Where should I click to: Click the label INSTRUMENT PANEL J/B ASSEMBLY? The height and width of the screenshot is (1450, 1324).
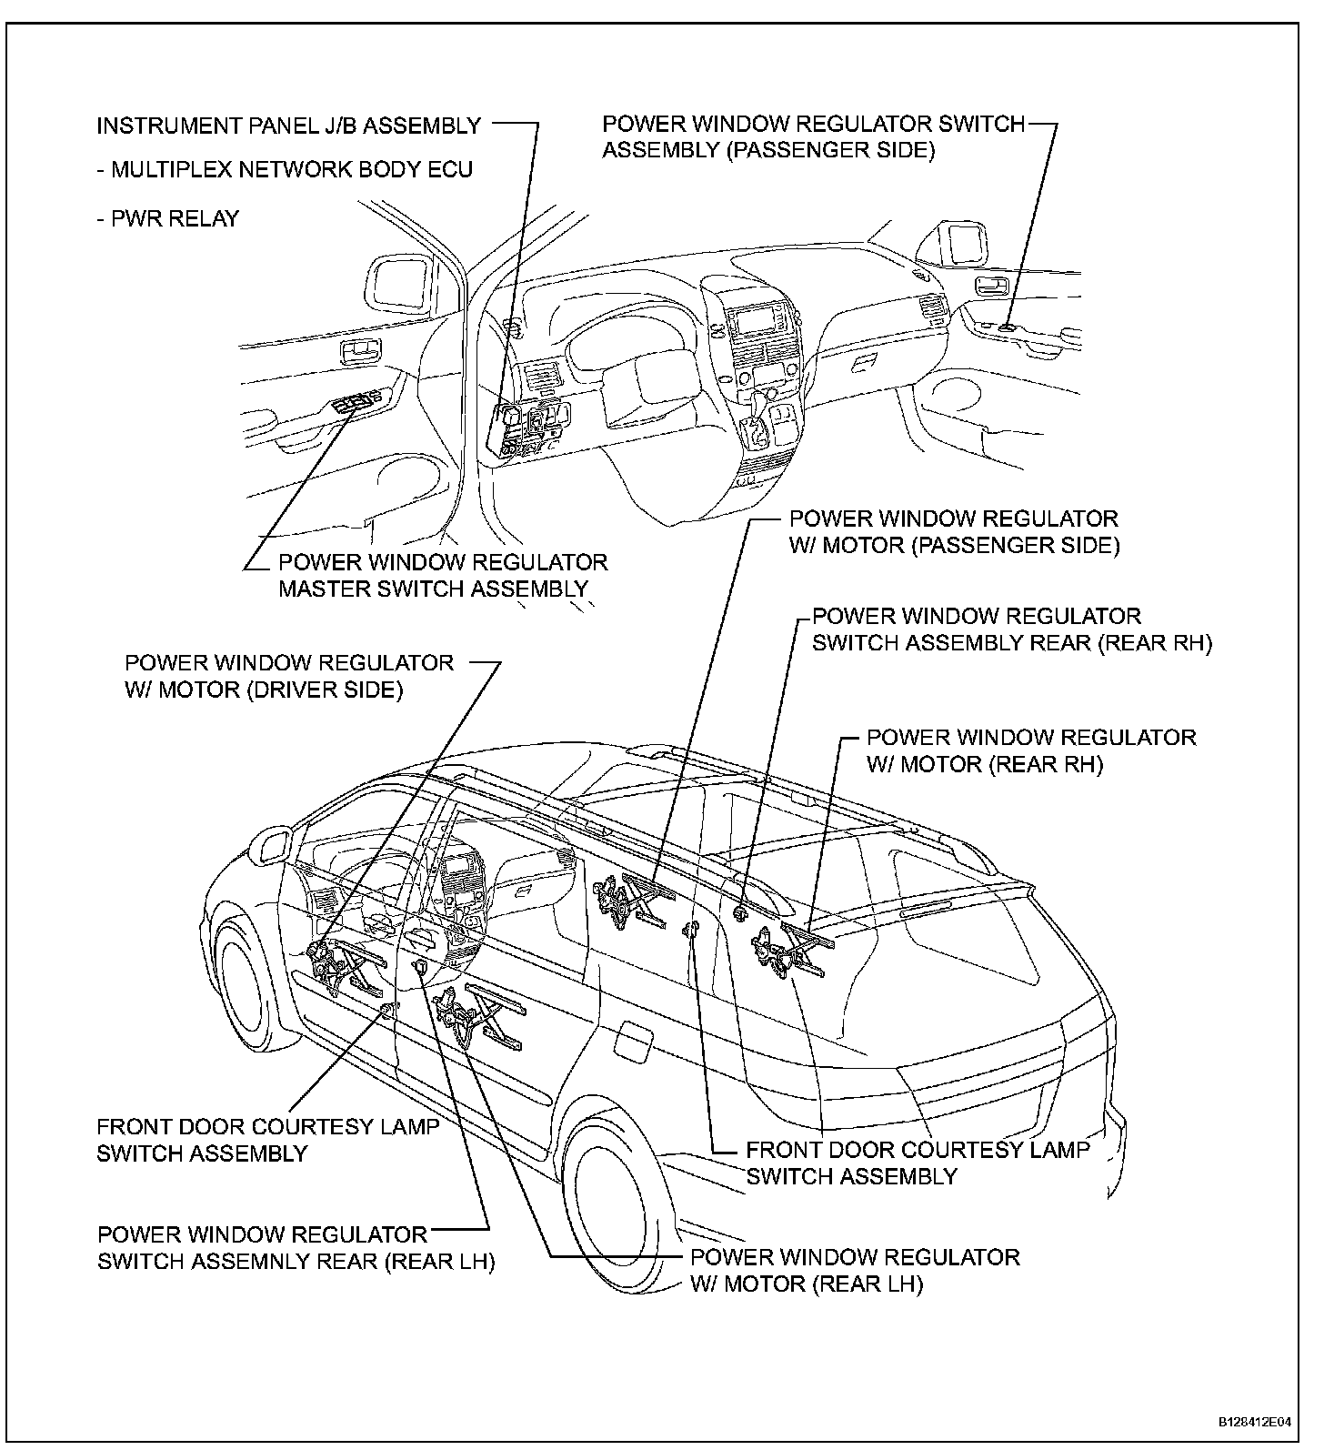288,126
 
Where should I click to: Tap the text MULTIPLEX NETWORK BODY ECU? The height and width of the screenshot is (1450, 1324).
291,171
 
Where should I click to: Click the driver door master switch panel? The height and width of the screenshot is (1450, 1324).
360,401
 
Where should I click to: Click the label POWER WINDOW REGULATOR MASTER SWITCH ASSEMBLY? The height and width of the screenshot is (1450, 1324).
442,576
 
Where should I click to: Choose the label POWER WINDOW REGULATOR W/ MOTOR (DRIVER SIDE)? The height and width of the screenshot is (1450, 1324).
288,676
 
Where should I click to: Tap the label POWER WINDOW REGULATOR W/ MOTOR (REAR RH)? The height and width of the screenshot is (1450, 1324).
1030,750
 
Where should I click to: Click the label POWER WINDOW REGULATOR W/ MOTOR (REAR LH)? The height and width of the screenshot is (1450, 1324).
854,1271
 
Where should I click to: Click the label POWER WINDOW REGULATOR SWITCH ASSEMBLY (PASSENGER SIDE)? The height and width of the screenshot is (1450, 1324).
813,137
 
